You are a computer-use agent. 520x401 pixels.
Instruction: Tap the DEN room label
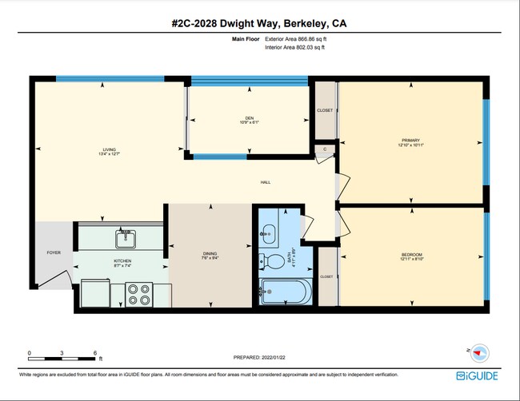pos(249,118)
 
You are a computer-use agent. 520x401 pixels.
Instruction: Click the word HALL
pos(266,182)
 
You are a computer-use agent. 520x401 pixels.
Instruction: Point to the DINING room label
pos(210,255)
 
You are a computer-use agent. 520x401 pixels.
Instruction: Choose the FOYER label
pos(54,252)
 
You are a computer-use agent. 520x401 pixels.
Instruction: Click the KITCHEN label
pos(122,261)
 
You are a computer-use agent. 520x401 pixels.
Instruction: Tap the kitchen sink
pos(124,238)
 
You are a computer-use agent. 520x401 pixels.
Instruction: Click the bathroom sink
pos(267,232)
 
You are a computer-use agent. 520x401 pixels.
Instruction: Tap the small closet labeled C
pos(326,149)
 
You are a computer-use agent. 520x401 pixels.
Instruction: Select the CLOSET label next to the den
pos(325,110)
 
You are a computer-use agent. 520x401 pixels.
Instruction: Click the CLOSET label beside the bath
pos(326,276)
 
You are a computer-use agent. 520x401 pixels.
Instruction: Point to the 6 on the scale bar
pos(95,352)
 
